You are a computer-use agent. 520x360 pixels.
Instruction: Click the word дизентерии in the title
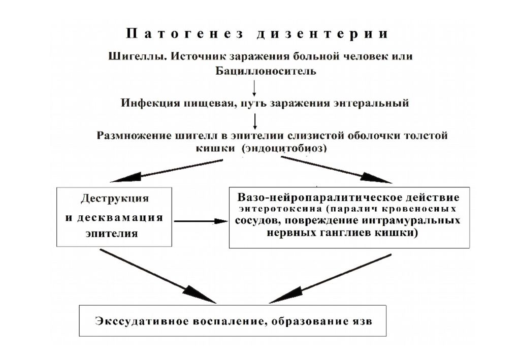(x=322, y=34)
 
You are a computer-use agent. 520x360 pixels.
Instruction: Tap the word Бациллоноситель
(x=266, y=71)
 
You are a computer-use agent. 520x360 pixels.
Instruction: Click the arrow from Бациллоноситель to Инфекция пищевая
(x=254, y=88)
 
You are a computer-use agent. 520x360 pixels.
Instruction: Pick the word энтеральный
(x=370, y=103)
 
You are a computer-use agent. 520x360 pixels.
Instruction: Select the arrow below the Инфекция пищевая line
(x=255, y=121)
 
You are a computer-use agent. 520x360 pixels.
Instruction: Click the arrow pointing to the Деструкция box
(x=166, y=171)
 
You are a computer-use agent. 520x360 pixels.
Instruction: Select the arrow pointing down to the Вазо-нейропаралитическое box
(x=336, y=170)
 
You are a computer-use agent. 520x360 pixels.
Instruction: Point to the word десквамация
(x=120, y=217)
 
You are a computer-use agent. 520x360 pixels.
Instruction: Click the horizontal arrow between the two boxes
(x=201, y=221)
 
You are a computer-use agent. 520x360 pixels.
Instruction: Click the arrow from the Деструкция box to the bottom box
(x=158, y=276)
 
